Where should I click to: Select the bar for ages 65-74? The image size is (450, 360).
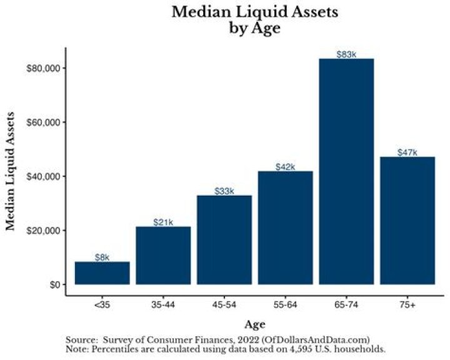click(346, 172)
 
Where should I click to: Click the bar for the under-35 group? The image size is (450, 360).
click(102, 273)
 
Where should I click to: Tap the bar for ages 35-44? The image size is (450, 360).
click(163, 256)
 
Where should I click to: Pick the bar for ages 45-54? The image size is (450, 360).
click(224, 240)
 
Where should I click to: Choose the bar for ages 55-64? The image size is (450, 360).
click(285, 227)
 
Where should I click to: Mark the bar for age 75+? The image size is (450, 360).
click(407, 221)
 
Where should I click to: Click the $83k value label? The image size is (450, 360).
click(346, 54)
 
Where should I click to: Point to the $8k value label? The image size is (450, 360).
click(102, 257)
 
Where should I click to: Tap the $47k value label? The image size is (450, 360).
click(407, 152)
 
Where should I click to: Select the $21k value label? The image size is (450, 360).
click(163, 222)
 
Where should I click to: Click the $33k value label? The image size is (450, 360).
click(224, 191)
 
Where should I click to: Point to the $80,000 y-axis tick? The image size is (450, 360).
click(43, 67)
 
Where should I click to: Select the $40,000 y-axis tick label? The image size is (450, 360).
click(43, 176)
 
